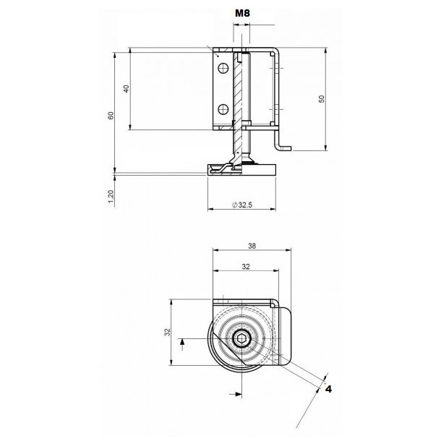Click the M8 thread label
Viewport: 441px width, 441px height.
(x=241, y=13)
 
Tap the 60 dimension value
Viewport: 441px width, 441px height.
(x=111, y=116)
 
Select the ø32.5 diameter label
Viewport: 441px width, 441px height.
(x=244, y=205)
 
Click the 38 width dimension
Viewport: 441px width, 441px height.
(x=251, y=245)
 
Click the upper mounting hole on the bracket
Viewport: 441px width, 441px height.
(x=223, y=68)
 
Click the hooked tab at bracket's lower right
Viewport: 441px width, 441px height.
(x=283, y=145)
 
